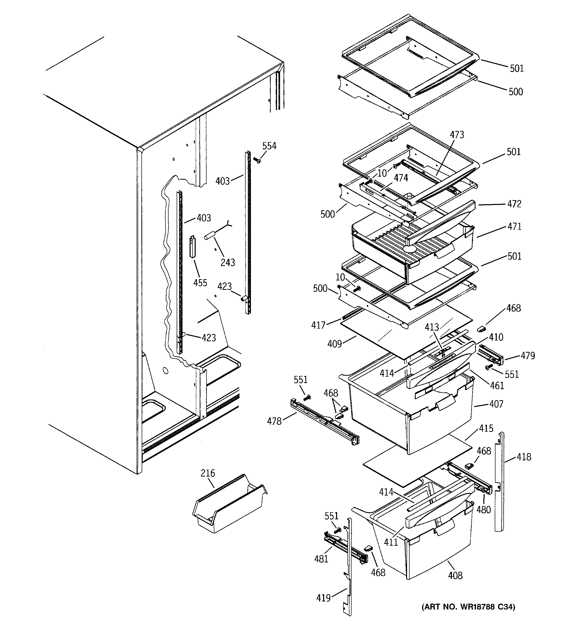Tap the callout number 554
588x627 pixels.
tap(269, 146)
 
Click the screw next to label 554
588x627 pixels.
tap(257, 161)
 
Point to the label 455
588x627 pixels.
tap(200, 282)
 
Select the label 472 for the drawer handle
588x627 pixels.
tap(514, 204)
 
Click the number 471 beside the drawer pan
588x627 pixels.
tap(514, 226)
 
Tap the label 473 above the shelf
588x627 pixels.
tap(457, 135)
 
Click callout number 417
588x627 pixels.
tap(318, 325)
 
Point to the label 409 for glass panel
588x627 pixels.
tap(335, 344)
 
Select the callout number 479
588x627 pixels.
tap(528, 356)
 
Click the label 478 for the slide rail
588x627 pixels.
tap(274, 421)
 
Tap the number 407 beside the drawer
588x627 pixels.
tap(496, 404)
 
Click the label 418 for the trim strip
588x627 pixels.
tap(524, 457)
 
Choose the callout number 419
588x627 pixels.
tap(323, 598)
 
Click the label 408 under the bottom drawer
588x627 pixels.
tap(455, 576)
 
